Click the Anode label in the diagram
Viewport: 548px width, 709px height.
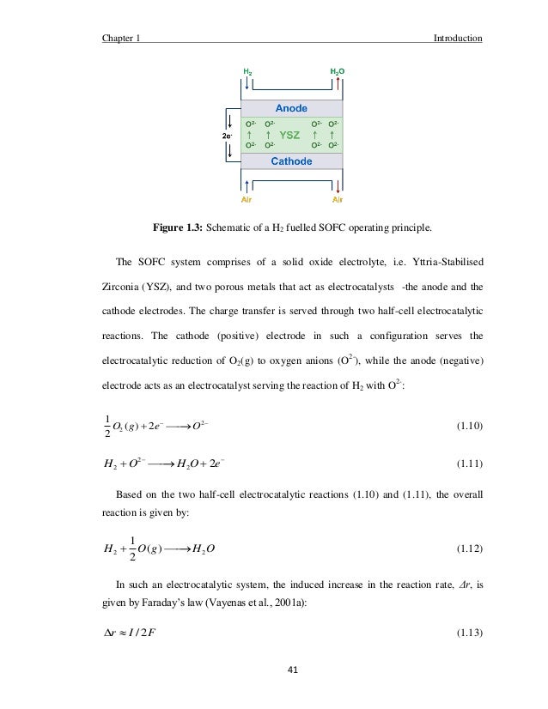tap(291, 108)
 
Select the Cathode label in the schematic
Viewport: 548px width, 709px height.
tap(291, 161)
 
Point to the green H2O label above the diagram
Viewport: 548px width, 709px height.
tap(339, 70)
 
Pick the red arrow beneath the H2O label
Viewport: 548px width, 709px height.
tap(339, 88)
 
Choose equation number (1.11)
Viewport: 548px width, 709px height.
tap(466, 463)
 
